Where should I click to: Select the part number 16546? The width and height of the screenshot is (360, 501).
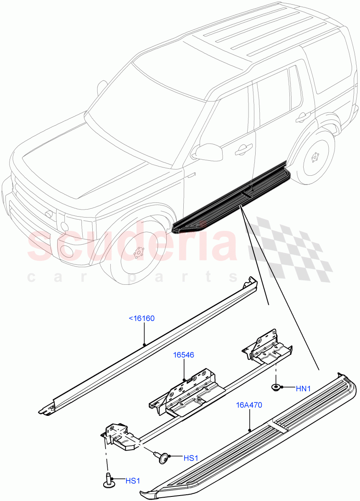click(184, 355)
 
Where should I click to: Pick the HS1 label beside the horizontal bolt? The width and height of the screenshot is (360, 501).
click(190, 458)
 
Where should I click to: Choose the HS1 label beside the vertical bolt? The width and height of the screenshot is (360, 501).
click(132, 481)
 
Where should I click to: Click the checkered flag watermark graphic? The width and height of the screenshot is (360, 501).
click(292, 246)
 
